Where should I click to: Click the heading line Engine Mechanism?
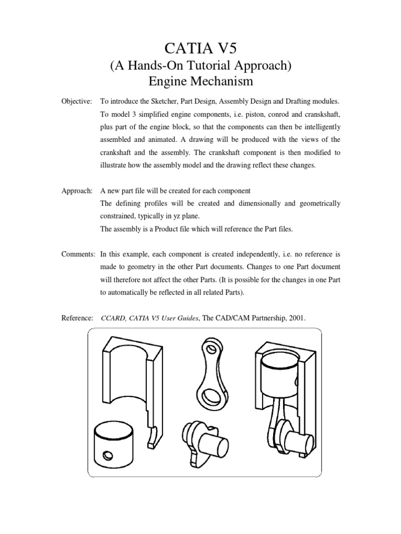[x=200, y=81]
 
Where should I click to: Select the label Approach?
[x=77, y=191]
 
